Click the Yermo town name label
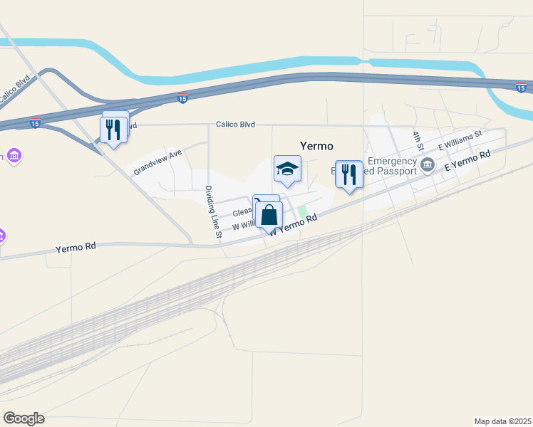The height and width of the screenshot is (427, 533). click(316, 146)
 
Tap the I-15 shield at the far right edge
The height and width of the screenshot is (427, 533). click(522, 87)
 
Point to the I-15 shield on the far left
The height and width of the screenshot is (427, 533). click(35, 124)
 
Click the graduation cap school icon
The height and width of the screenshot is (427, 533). click(287, 169)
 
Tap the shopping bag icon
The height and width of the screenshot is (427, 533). click(269, 214)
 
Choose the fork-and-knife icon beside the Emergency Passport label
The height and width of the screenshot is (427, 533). click(348, 174)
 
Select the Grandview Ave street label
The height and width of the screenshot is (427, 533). click(157, 161)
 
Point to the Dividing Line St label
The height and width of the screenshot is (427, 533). click(214, 211)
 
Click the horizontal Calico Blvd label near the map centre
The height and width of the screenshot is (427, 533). click(235, 125)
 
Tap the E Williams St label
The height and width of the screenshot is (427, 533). click(460, 140)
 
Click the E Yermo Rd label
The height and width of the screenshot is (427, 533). click(467, 160)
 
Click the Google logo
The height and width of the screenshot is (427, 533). click(24, 418)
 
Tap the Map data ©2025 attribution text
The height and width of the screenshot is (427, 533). click(502, 421)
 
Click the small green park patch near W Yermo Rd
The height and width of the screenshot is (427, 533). click(303, 213)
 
